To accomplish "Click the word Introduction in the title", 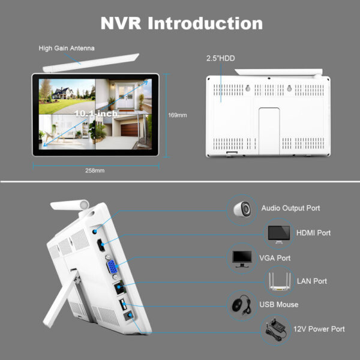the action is coord(205,23).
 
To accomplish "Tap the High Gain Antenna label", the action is coord(67,48).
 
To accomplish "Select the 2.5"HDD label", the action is coord(220,58).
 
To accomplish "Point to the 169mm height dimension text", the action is coord(178,115).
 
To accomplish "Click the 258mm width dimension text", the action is coord(95,170).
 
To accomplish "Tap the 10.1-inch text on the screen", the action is coord(96,113).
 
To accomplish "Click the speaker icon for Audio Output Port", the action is coord(242,209).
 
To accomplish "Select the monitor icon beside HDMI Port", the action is coord(279,235).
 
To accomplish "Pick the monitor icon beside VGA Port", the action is coord(242,259).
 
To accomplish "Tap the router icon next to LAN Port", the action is coord(280,281).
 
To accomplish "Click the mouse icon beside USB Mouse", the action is coord(241,305).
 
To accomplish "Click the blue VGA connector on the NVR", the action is coord(112,267).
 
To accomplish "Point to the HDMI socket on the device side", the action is coord(101,245).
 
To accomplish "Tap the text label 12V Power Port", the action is coord(319,329).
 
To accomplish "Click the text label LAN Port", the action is coord(312,281).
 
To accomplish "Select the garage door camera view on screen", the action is coord(124,132).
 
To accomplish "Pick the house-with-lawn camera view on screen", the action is coord(67,97).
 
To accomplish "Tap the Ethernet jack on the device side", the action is coord(119,287).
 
